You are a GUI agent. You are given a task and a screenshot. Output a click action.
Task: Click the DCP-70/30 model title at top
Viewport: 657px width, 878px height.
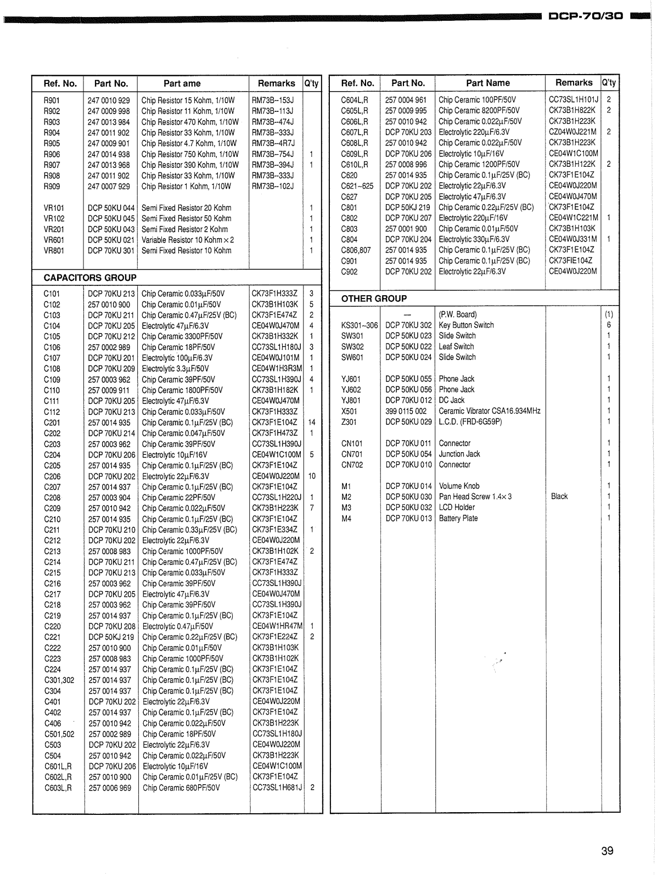click(x=586, y=16)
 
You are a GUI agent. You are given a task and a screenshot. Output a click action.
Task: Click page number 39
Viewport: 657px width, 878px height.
click(x=607, y=851)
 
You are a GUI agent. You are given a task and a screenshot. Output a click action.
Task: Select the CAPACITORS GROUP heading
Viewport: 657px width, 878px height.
click(x=90, y=278)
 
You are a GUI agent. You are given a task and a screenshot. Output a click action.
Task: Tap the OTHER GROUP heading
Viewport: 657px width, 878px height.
click(x=374, y=299)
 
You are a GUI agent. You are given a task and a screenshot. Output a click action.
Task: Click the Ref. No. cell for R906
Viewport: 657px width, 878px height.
click(x=52, y=154)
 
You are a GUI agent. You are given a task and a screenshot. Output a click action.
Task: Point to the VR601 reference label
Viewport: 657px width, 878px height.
click(x=54, y=240)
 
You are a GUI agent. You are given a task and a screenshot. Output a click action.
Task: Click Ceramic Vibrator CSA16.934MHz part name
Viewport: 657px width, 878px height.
click(x=489, y=411)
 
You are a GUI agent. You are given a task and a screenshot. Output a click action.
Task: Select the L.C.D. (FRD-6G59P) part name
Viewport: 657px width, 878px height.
click(x=470, y=421)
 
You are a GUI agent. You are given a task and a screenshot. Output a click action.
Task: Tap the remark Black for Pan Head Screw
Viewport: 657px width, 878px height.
click(x=559, y=496)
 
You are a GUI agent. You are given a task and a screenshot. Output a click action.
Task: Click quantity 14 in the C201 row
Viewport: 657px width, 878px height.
click(x=312, y=423)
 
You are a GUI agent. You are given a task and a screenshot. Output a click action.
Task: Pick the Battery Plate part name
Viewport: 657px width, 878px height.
click(x=458, y=518)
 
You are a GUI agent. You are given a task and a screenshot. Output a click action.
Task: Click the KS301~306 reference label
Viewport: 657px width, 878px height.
click(x=360, y=325)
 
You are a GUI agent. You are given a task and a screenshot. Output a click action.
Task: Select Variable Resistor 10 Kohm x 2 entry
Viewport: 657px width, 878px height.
click(x=187, y=240)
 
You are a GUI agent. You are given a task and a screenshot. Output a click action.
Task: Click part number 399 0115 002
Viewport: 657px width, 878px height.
click(x=406, y=411)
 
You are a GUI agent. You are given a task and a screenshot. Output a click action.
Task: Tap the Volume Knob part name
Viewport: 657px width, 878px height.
click(x=459, y=486)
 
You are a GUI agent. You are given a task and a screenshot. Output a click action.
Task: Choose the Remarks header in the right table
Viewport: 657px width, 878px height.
click(x=574, y=82)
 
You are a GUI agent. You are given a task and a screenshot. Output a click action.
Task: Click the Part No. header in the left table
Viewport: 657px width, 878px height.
click(x=111, y=83)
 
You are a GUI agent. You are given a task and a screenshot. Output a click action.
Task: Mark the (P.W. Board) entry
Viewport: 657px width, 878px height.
click(x=457, y=314)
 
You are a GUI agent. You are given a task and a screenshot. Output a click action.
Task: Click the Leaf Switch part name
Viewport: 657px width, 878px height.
click(x=456, y=346)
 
